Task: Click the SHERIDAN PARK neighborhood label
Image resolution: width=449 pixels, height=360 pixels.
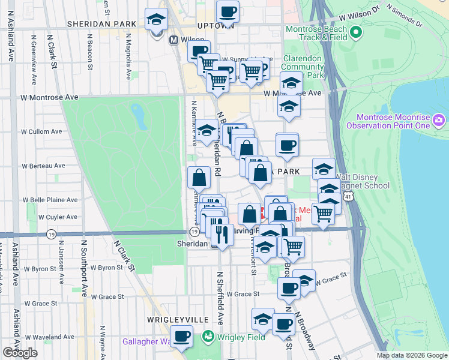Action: [x=102, y=23]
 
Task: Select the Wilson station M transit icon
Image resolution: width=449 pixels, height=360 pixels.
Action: [x=174, y=40]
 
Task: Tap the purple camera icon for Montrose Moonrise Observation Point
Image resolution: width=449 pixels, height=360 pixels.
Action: [x=439, y=121]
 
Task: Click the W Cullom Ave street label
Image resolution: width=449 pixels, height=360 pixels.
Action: [x=41, y=131]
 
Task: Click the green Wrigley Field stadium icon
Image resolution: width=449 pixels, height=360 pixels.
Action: [x=208, y=337]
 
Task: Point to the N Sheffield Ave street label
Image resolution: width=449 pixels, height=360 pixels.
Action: [x=220, y=297]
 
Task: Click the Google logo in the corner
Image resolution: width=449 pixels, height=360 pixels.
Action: [x=20, y=353]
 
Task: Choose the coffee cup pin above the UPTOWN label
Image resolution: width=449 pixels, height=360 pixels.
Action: [x=228, y=11]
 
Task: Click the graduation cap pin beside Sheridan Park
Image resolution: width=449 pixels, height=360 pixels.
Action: [x=156, y=20]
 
